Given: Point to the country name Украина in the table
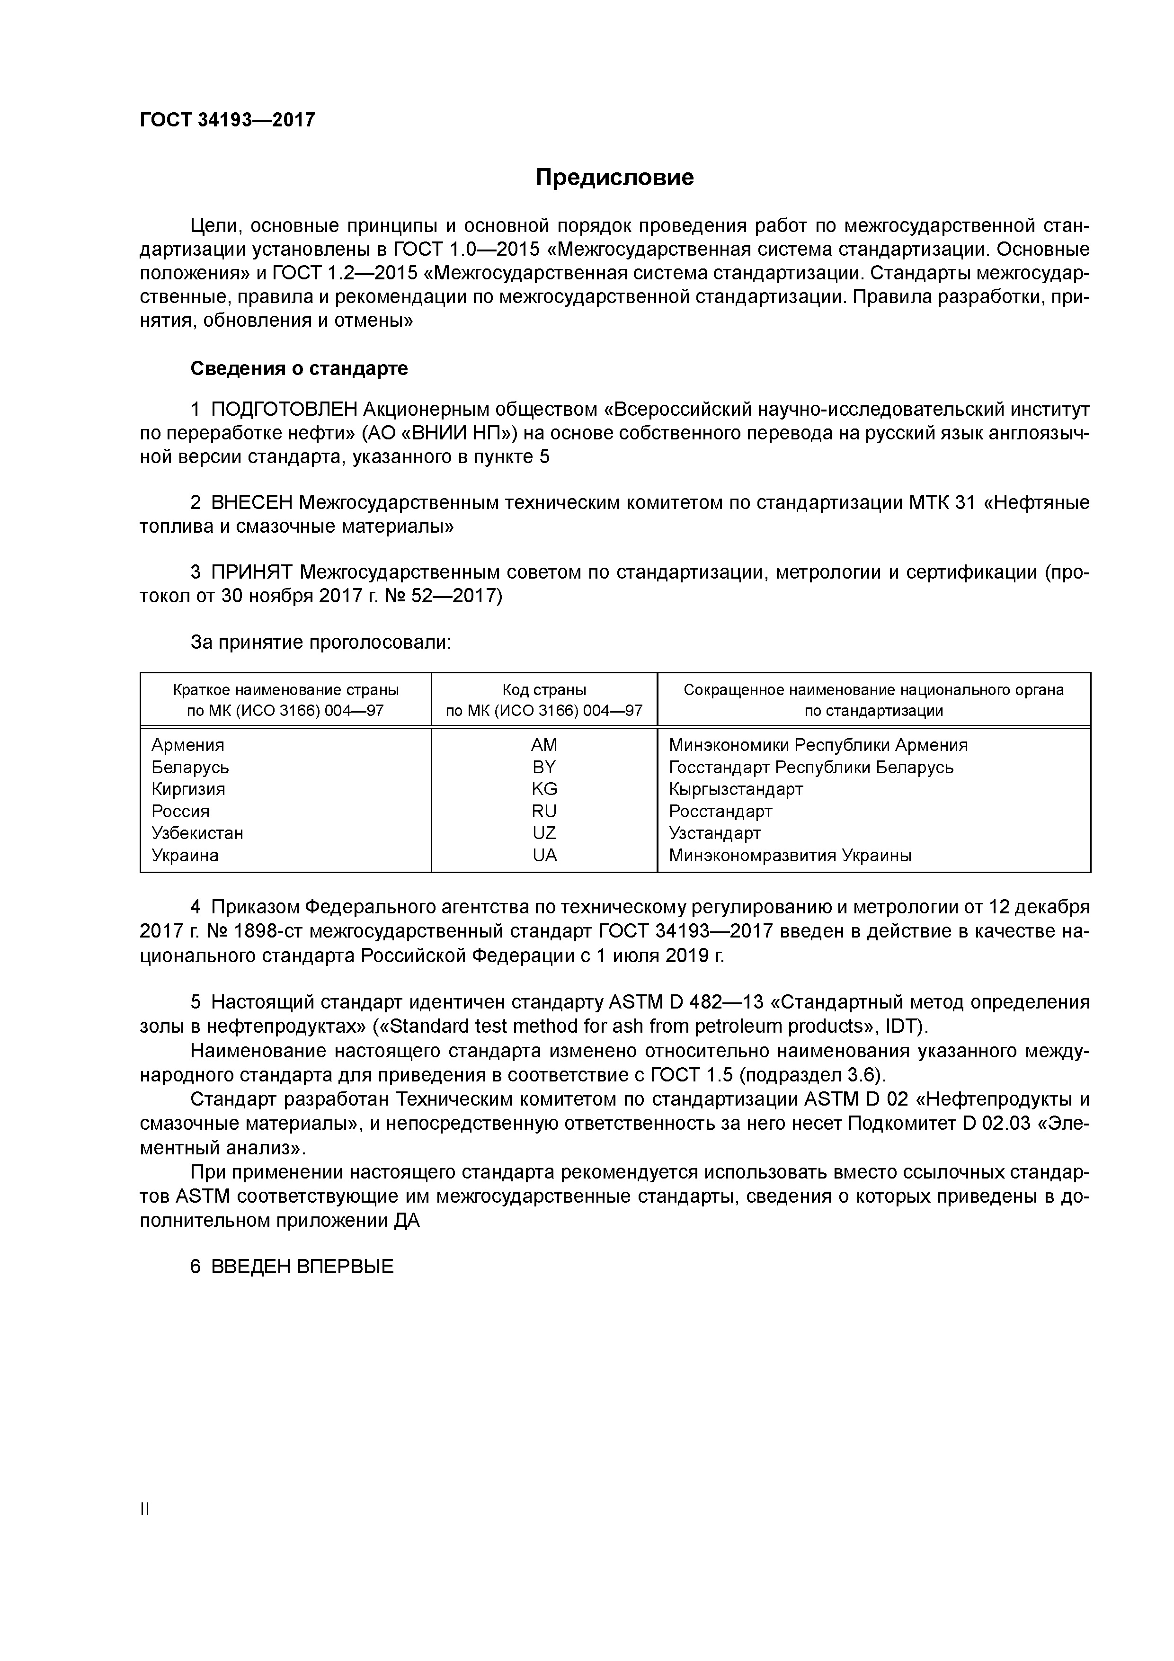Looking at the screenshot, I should (x=185, y=855).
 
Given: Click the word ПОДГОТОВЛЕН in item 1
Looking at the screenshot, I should (x=285, y=410).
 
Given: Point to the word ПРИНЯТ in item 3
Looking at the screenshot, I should (x=252, y=572).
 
